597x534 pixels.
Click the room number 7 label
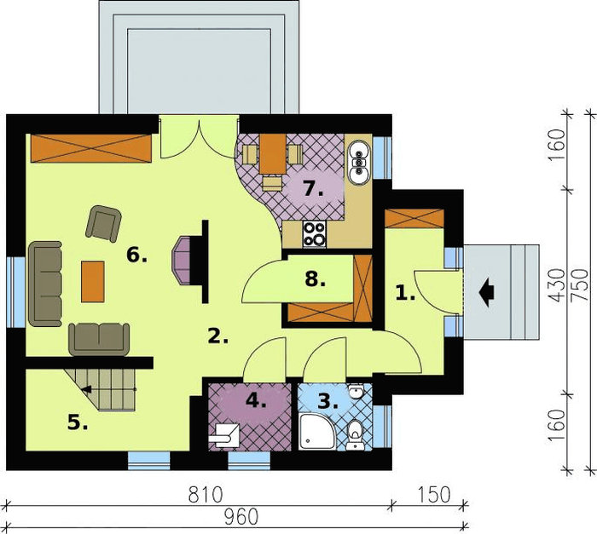[x=313, y=188]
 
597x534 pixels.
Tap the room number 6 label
[x=136, y=255]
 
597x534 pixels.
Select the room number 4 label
[x=256, y=400]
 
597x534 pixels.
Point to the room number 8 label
[x=316, y=279]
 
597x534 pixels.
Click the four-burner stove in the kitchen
[x=315, y=234]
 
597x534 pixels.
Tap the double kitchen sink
[x=359, y=163]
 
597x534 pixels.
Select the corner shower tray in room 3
[x=317, y=432]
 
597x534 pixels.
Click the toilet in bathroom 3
[x=356, y=434]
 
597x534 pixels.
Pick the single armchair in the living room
[x=103, y=224]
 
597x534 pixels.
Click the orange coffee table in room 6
[x=92, y=282]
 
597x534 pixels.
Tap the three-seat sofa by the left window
[x=45, y=284]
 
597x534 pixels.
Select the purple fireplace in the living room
[x=182, y=260]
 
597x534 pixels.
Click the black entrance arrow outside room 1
[x=487, y=292]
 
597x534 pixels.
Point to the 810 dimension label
[x=206, y=496]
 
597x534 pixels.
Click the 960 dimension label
[x=241, y=517]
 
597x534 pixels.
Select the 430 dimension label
[x=559, y=285]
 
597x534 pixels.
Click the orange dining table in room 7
[x=273, y=153]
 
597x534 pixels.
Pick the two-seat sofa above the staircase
[x=99, y=339]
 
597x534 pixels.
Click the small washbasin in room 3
[x=356, y=391]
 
